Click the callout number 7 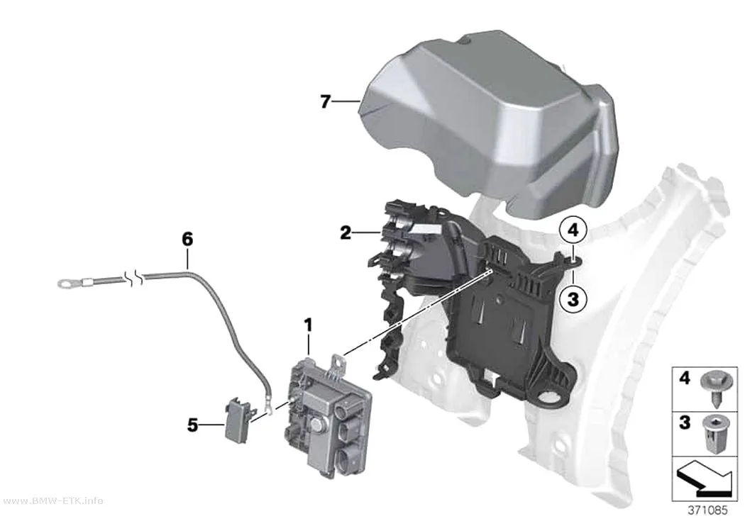325,101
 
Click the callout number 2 346,233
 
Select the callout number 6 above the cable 188,239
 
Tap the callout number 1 309,325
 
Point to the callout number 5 192,425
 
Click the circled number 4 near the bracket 573,230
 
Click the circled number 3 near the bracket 573,299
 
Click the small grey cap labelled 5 236,420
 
